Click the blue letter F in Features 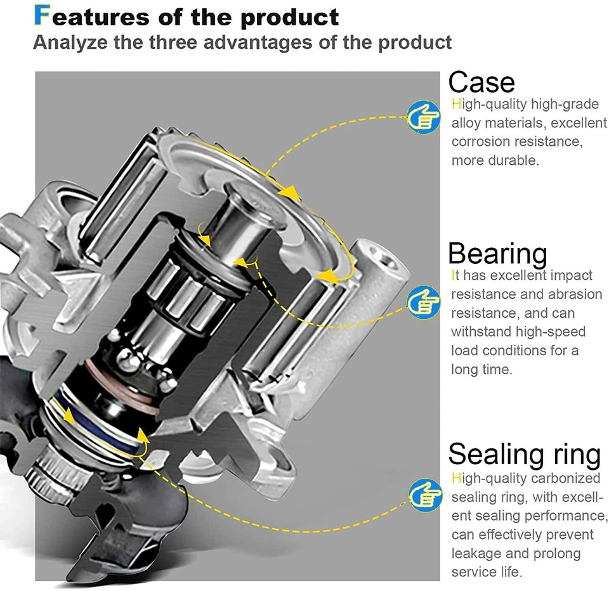click(x=41, y=16)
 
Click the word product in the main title click(x=291, y=16)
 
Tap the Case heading click(x=481, y=82)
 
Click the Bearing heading click(x=497, y=253)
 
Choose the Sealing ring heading click(x=524, y=454)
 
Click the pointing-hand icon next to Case click(x=423, y=117)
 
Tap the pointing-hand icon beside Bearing click(x=423, y=301)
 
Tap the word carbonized click(x=565, y=478)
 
